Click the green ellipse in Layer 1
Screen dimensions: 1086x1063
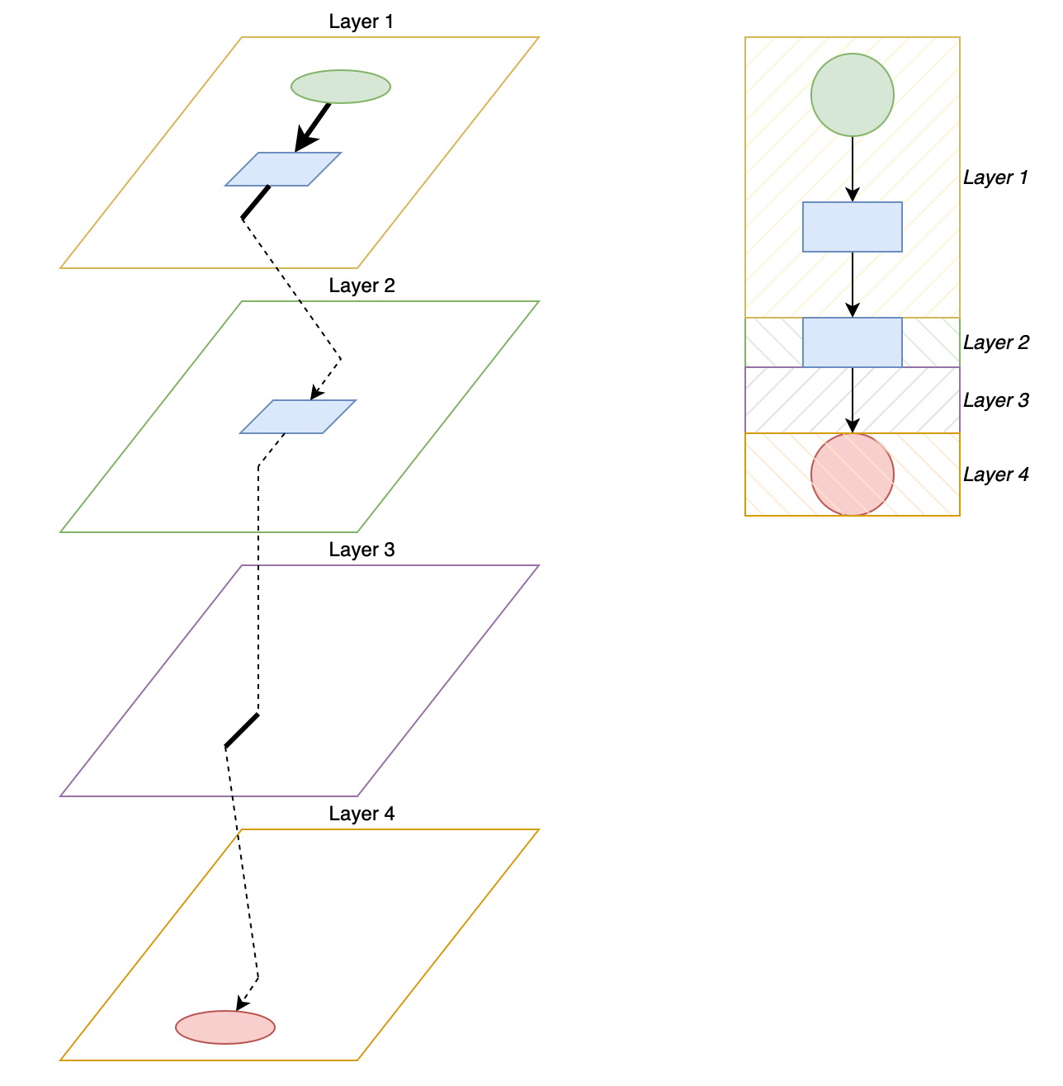340,87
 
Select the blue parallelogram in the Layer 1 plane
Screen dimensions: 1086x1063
283,169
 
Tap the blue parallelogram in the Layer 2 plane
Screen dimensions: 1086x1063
298,417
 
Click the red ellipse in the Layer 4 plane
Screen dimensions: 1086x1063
225,1027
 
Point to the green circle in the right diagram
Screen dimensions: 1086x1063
852,95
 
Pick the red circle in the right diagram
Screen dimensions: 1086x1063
852,475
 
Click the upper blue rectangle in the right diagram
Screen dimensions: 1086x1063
852,227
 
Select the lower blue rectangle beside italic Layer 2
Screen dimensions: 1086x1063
852,342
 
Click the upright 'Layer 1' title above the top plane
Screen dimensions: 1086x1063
361,21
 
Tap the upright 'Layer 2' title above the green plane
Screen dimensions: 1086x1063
361,286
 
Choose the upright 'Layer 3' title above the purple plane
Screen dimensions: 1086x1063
361,550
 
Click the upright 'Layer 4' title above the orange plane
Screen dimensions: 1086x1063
361,814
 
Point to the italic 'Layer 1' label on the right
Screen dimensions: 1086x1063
995,177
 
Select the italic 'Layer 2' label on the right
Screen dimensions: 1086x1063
995,342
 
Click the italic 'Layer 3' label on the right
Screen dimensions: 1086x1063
995,400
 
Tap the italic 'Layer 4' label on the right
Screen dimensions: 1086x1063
995,475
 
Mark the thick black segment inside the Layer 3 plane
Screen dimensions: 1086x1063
242,731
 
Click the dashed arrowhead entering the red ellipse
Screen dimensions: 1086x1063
240,1003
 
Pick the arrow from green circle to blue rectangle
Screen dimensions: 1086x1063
853,169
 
